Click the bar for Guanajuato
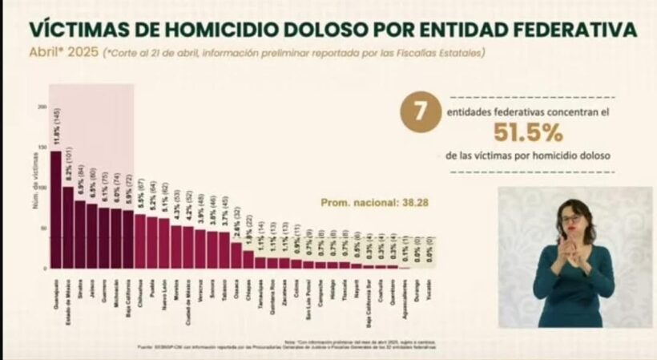click(56, 209)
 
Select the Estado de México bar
click(68, 228)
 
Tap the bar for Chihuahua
click(140, 241)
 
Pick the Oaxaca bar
click(236, 255)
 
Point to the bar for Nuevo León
click(164, 243)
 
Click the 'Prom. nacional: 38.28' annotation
click(374, 203)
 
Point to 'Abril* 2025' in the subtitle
click(63, 53)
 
